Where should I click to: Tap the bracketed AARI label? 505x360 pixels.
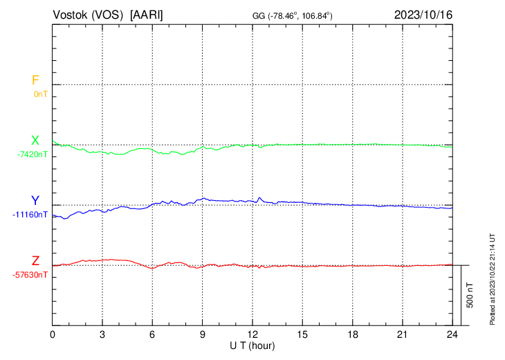pos(147,15)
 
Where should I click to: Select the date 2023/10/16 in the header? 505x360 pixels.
pos(423,15)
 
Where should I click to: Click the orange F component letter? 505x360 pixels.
pos(35,80)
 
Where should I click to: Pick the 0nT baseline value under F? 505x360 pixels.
pos(41,93)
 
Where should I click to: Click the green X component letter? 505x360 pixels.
pos(35,141)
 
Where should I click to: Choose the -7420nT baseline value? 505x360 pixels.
pos(33,154)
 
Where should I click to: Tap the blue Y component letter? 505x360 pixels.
pos(35,201)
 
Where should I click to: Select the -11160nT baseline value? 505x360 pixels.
pos(30,214)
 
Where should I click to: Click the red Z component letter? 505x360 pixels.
pos(35,261)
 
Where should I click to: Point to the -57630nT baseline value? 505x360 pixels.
pos(30,274)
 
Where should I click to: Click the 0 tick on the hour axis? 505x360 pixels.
pos(53,334)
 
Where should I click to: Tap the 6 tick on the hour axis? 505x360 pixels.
pos(153,334)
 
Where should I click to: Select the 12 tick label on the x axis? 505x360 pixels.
pos(252,334)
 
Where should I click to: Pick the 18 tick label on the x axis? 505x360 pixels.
pos(353,334)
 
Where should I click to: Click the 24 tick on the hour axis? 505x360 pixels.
pos(452,334)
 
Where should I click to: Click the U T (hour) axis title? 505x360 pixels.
pos(252,345)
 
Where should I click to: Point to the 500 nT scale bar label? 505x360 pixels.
pos(470,295)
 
